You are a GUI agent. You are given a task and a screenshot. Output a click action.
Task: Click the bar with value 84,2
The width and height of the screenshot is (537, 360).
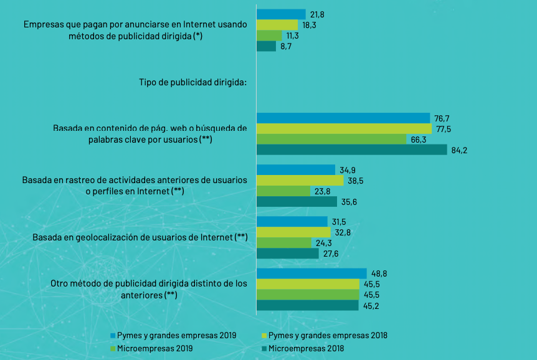point(351,149)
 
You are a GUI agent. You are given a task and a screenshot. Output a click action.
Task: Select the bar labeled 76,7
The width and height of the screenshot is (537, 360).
point(343,118)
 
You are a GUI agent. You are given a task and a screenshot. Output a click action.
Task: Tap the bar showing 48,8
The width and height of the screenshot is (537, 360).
point(311,273)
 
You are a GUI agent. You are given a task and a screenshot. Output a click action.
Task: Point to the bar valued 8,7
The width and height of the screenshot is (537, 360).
point(266,46)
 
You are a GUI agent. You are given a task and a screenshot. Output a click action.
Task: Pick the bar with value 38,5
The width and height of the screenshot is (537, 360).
point(300,181)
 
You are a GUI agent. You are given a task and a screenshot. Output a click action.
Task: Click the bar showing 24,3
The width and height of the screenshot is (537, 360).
point(283,242)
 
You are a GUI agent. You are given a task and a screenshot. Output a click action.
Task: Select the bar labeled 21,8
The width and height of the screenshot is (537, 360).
point(280,14)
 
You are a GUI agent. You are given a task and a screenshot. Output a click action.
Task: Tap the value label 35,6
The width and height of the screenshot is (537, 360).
point(348,202)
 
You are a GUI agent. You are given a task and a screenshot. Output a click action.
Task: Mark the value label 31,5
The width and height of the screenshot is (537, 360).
point(338,222)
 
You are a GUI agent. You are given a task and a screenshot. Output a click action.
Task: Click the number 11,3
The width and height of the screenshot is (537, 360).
point(293,36)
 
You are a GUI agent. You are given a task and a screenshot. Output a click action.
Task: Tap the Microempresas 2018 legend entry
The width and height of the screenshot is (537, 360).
point(306,349)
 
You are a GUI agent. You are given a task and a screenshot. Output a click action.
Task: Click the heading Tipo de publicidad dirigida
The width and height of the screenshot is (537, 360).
point(192,82)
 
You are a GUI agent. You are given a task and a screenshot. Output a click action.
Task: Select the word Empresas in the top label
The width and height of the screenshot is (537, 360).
point(43,25)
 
